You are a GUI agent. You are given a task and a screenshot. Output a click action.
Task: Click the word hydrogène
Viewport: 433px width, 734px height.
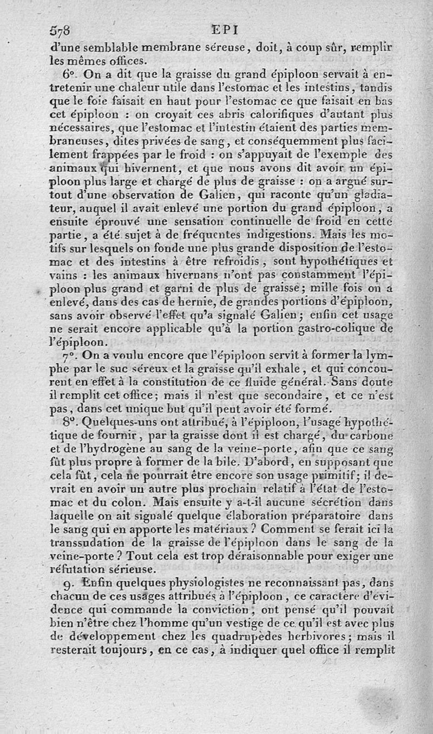click(x=106, y=448)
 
